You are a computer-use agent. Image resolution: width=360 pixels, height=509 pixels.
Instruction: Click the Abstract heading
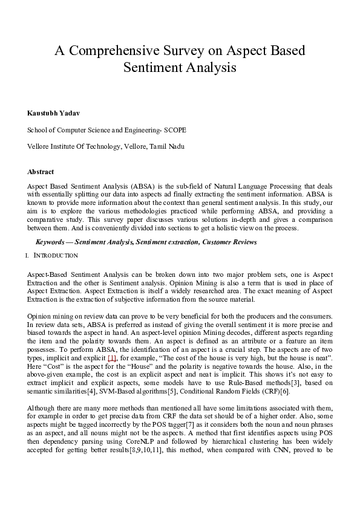(x=41, y=172)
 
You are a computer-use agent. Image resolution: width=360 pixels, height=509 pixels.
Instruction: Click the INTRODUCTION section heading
(x=56, y=256)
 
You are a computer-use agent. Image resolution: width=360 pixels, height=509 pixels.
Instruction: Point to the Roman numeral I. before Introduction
(x=28, y=256)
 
